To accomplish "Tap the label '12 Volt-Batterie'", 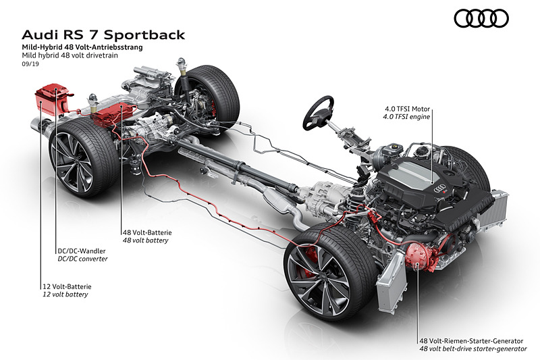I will point(66,286).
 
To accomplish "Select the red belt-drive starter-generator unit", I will point(419,261).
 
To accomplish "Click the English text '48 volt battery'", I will point(145,240).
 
